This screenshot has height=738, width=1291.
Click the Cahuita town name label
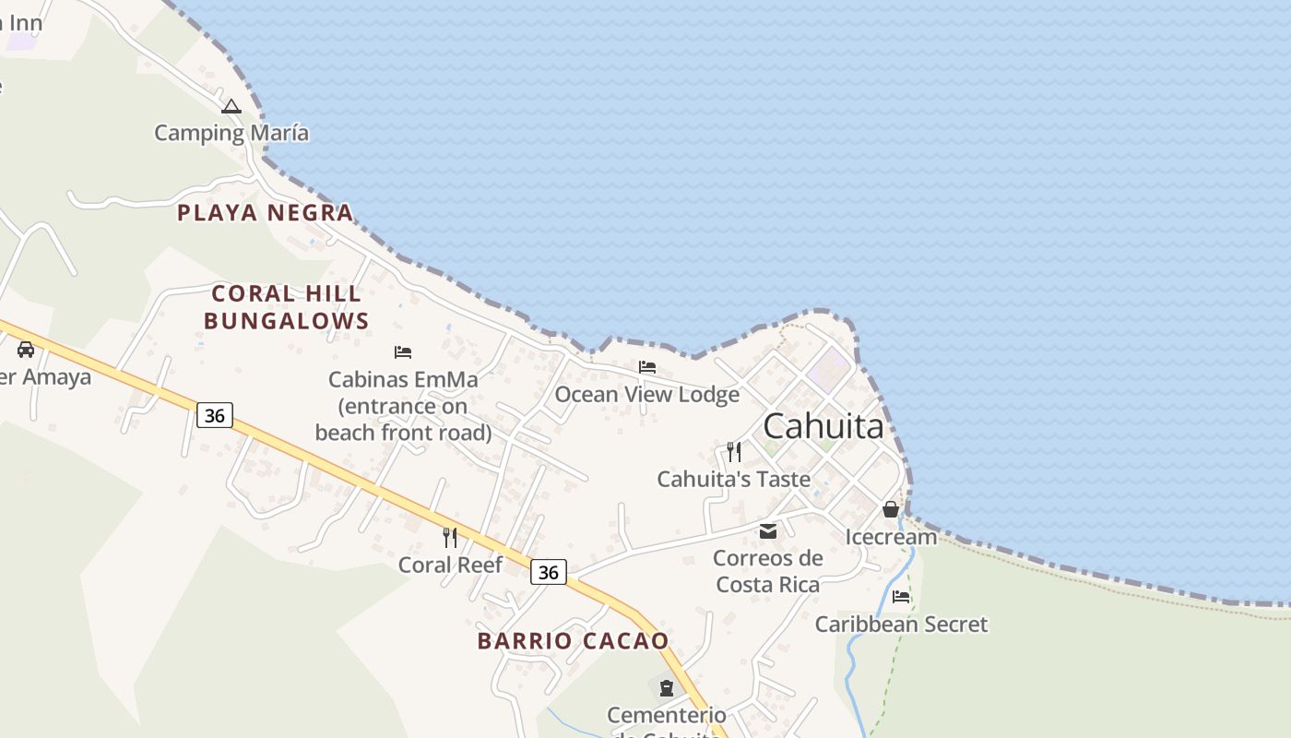pyautogui.click(x=823, y=426)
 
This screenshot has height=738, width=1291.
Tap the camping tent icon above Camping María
pyautogui.click(x=231, y=106)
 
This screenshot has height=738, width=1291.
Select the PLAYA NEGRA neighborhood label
pyautogui.click(x=266, y=213)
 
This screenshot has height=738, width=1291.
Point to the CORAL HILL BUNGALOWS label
pyautogui.click(x=286, y=307)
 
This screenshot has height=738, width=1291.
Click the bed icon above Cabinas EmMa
pyautogui.click(x=402, y=351)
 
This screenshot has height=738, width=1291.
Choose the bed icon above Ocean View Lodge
pyautogui.click(x=647, y=367)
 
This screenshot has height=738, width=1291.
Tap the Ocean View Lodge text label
pyautogui.click(x=646, y=395)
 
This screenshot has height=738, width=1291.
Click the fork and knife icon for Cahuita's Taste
pyautogui.click(x=734, y=452)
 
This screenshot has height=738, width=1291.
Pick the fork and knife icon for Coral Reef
pyautogui.click(x=450, y=537)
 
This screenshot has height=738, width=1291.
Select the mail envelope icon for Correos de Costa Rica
pyautogui.click(x=768, y=530)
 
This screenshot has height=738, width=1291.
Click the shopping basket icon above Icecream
pyautogui.click(x=891, y=509)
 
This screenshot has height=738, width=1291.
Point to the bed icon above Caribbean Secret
pyautogui.click(x=901, y=597)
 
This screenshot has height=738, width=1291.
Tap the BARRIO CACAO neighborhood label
pyautogui.click(x=573, y=641)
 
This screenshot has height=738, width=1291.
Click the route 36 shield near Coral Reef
pyautogui.click(x=548, y=572)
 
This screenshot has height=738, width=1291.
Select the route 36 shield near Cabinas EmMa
pyautogui.click(x=214, y=415)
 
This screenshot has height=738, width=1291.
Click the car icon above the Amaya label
pyautogui.click(x=26, y=350)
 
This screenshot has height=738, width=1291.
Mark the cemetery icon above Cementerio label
pyautogui.click(x=667, y=687)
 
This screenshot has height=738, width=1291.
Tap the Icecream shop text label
pyautogui.click(x=891, y=537)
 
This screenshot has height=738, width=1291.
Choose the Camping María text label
pyautogui.click(x=231, y=133)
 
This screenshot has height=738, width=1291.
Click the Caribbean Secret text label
pyautogui.click(x=901, y=625)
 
